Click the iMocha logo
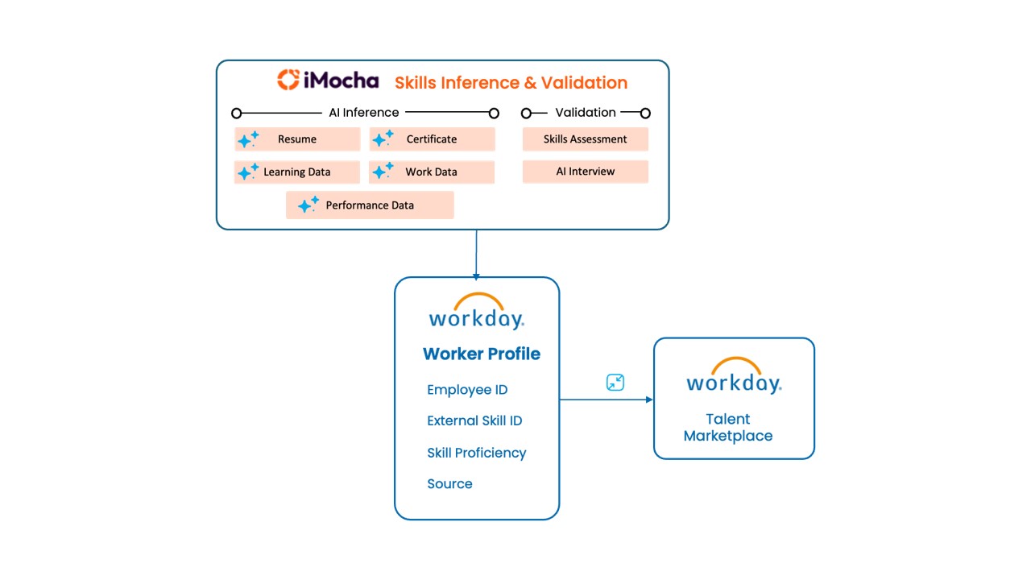tap(328, 80)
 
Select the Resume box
tap(297, 139)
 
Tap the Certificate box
tap(432, 139)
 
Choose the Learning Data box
tap(297, 172)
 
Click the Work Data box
tap(432, 172)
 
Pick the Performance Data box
tap(370, 205)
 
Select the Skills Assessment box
tap(585, 139)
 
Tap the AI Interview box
tap(585, 172)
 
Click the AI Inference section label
tap(363, 113)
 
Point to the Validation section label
tap(586, 113)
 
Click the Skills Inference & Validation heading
tap(511, 82)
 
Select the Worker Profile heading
tap(482, 354)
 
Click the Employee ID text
tap(467, 390)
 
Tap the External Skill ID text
tap(474, 420)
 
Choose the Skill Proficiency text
tap(476, 453)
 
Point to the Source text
tap(449, 484)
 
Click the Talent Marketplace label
tap(728, 428)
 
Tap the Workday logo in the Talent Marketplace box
tap(734, 375)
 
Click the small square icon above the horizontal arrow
tap(615, 383)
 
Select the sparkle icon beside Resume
tap(248, 139)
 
